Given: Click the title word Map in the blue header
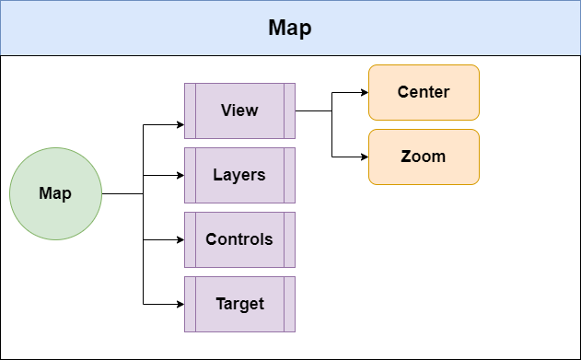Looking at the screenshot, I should pos(290,28).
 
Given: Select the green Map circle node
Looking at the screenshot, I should pos(55,194).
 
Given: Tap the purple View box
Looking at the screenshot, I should pos(239,110).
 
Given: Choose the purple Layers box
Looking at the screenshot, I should pos(239,175).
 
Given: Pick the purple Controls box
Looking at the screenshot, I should pos(239,239).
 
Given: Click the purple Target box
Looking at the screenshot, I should pos(239,304).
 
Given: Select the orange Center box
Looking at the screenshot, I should pos(424,92).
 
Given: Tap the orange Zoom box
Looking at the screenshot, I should pos(424,157).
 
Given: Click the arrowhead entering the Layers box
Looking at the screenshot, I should pos(180,175).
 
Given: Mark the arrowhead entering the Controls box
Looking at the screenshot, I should pos(180,239).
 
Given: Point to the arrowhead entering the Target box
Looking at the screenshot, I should pos(180,304).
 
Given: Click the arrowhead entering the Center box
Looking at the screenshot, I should pos(364,92).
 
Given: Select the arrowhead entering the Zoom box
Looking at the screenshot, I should pos(364,157).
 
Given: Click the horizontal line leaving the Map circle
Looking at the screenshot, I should pos(122,194).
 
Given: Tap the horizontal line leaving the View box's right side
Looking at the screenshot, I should pos(313,110).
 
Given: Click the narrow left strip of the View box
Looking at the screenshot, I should pos(190,110).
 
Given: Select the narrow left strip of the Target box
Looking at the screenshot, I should pos(190,304).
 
